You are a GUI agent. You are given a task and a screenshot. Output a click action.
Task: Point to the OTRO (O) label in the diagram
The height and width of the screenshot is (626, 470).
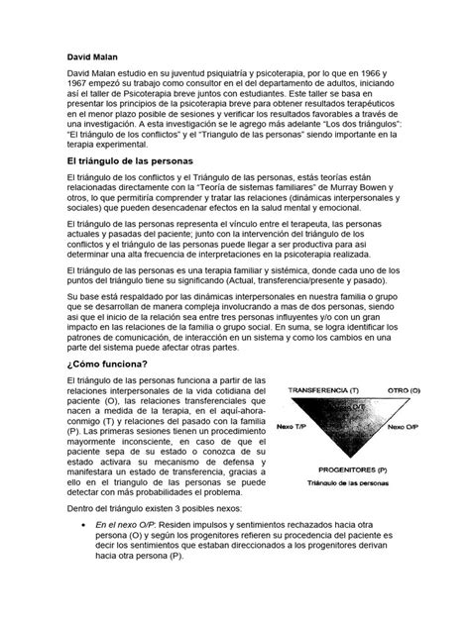(408, 390)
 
